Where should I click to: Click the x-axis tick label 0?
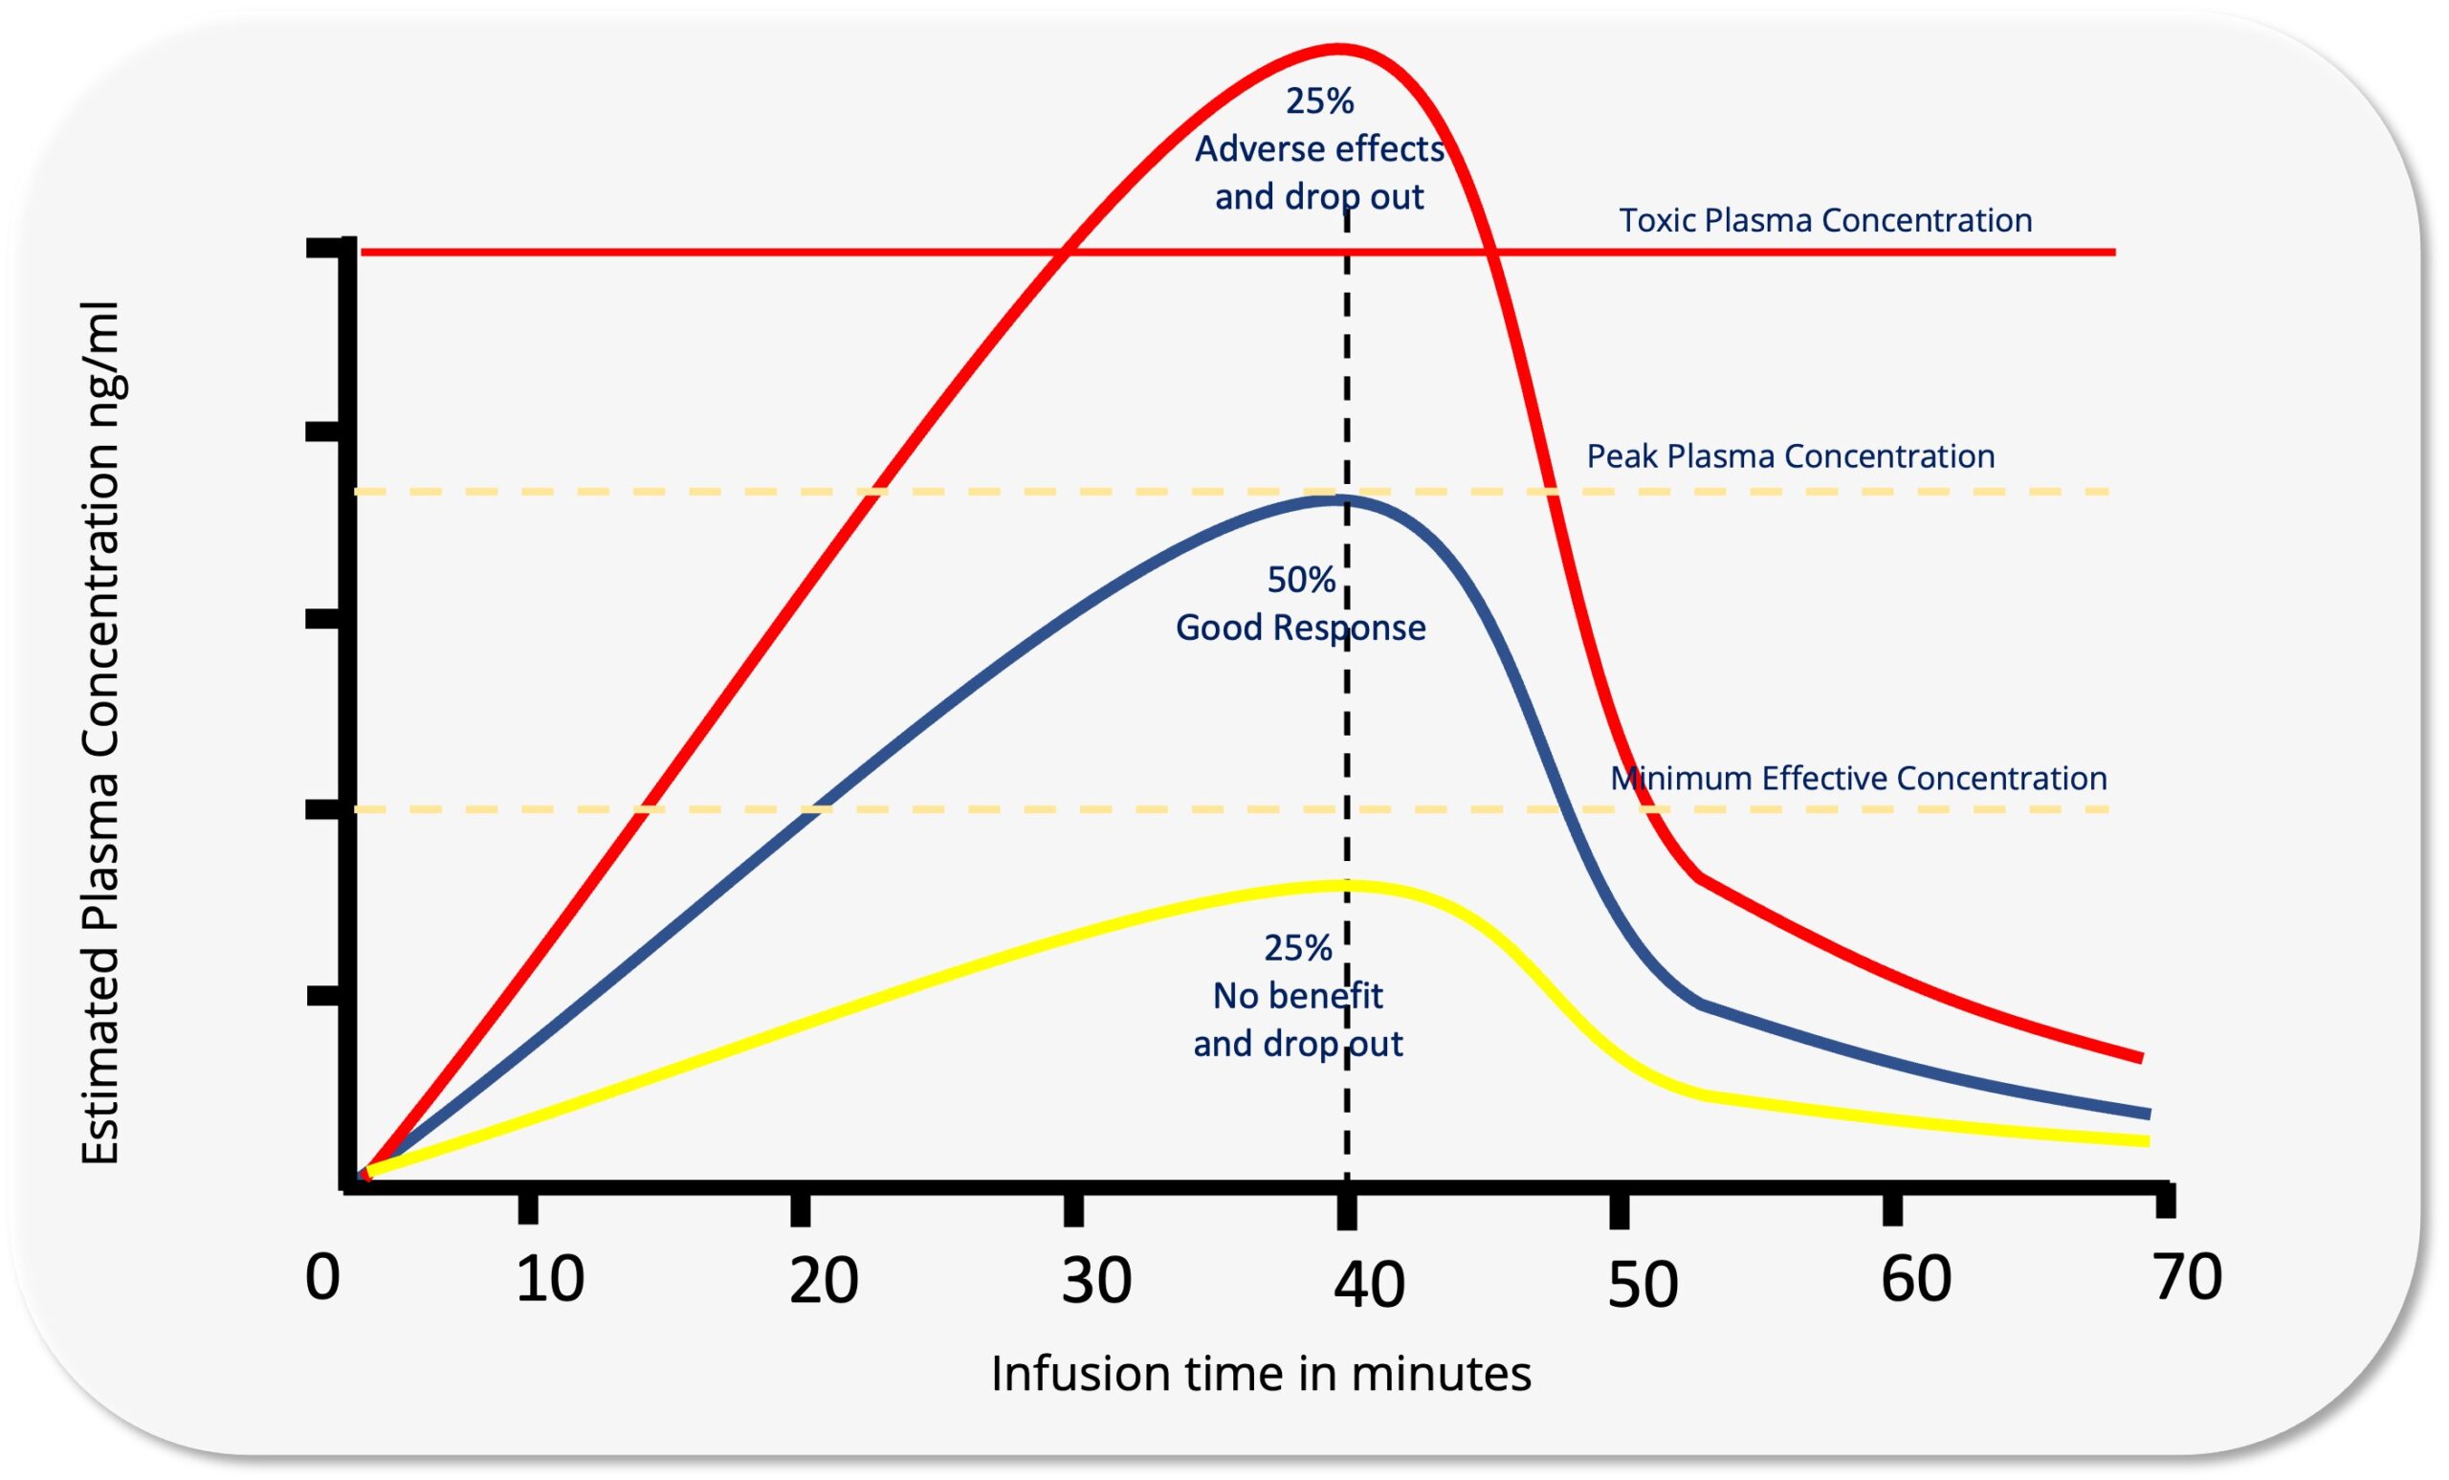(322, 1277)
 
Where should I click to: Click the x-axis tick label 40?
(1369, 1283)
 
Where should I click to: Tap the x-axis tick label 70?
(2188, 1275)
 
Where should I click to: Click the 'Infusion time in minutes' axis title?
(1260, 1374)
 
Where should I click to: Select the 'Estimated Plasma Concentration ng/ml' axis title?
(100, 733)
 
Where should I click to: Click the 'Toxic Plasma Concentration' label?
(1825, 220)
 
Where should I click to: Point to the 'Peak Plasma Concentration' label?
(1790, 456)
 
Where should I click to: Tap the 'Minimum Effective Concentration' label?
(1859, 777)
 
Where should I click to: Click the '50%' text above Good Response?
(1300, 580)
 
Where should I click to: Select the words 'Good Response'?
(1300, 628)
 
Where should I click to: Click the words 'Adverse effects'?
(1319, 149)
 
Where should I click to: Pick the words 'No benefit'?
(1297, 995)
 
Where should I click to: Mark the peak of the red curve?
(1338, 48)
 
